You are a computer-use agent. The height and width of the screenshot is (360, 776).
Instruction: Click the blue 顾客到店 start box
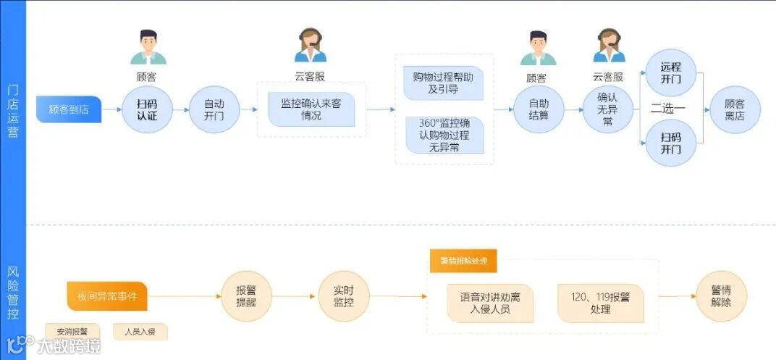click(x=68, y=109)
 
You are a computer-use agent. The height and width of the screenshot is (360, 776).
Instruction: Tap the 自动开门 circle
click(x=214, y=109)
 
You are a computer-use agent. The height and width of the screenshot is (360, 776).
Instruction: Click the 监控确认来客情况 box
click(x=311, y=109)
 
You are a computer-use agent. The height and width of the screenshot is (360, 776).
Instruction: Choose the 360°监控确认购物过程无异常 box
click(x=444, y=135)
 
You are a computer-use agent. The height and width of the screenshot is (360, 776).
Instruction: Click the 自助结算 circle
click(x=538, y=109)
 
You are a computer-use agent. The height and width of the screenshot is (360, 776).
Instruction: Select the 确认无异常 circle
click(x=607, y=109)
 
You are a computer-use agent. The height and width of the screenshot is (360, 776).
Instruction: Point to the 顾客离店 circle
click(x=735, y=109)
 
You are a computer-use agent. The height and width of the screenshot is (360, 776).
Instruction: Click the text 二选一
click(x=668, y=109)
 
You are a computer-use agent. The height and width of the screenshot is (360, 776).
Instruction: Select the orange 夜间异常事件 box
click(x=107, y=296)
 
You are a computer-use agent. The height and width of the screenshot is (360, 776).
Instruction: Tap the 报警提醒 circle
click(x=246, y=296)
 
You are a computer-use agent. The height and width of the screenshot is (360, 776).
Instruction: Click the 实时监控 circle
click(x=343, y=296)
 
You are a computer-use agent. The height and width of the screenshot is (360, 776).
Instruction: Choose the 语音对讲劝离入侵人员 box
click(x=490, y=303)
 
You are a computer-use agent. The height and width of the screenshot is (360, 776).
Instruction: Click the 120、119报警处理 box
click(x=600, y=303)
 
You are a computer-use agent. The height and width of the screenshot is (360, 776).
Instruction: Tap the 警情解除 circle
click(x=722, y=296)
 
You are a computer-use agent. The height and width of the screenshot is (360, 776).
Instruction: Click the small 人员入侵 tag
click(x=140, y=332)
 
